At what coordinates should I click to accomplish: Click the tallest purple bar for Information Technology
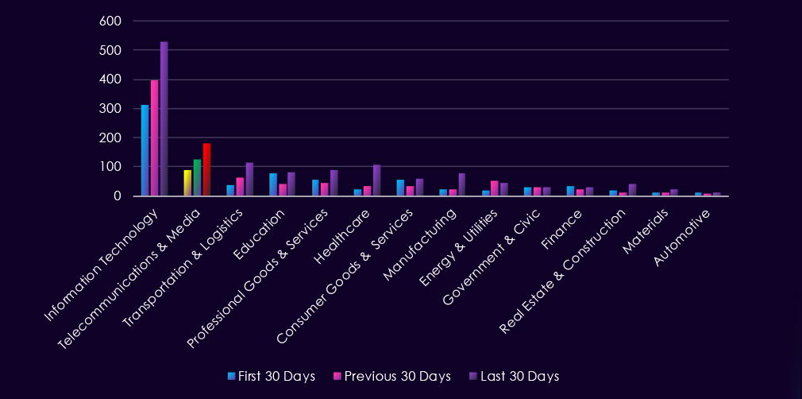[164, 118]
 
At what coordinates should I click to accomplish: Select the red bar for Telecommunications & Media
[206, 169]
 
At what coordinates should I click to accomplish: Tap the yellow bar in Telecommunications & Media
[187, 183]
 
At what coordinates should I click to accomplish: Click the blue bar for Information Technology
[145, 150]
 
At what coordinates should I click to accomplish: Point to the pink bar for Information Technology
[155, 138]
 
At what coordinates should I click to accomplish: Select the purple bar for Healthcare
[377, 180]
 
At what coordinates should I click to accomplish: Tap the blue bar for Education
[273, 184]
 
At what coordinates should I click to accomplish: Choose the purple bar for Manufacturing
[462, 184]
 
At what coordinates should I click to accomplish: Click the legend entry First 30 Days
[271, 376]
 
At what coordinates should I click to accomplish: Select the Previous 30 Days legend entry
[393, 376]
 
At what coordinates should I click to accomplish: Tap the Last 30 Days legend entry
[513, 376]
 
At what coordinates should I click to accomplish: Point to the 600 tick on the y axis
[110, 21]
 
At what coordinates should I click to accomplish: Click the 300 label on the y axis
[110, 109]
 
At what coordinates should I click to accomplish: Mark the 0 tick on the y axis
[116, 196]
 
